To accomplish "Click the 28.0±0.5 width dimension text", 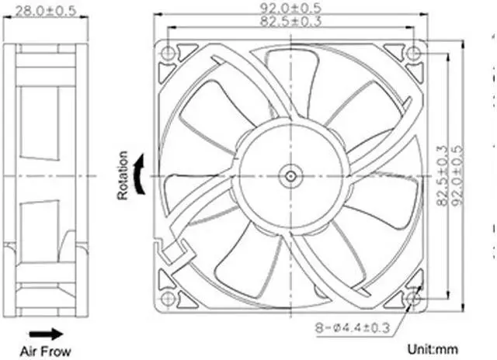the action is [46, 11].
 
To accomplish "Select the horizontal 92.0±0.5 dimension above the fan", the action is [290, 8].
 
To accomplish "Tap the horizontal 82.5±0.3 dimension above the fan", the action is [290, 21].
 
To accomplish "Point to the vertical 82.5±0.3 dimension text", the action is [443, 175].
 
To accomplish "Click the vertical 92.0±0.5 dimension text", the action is [457, 175].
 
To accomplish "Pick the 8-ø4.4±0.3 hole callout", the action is [352, 327].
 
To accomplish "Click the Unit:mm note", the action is [433, 349].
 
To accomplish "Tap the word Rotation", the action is [123, 175].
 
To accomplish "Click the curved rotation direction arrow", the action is [140, 174].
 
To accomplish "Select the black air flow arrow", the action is [46, 334].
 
